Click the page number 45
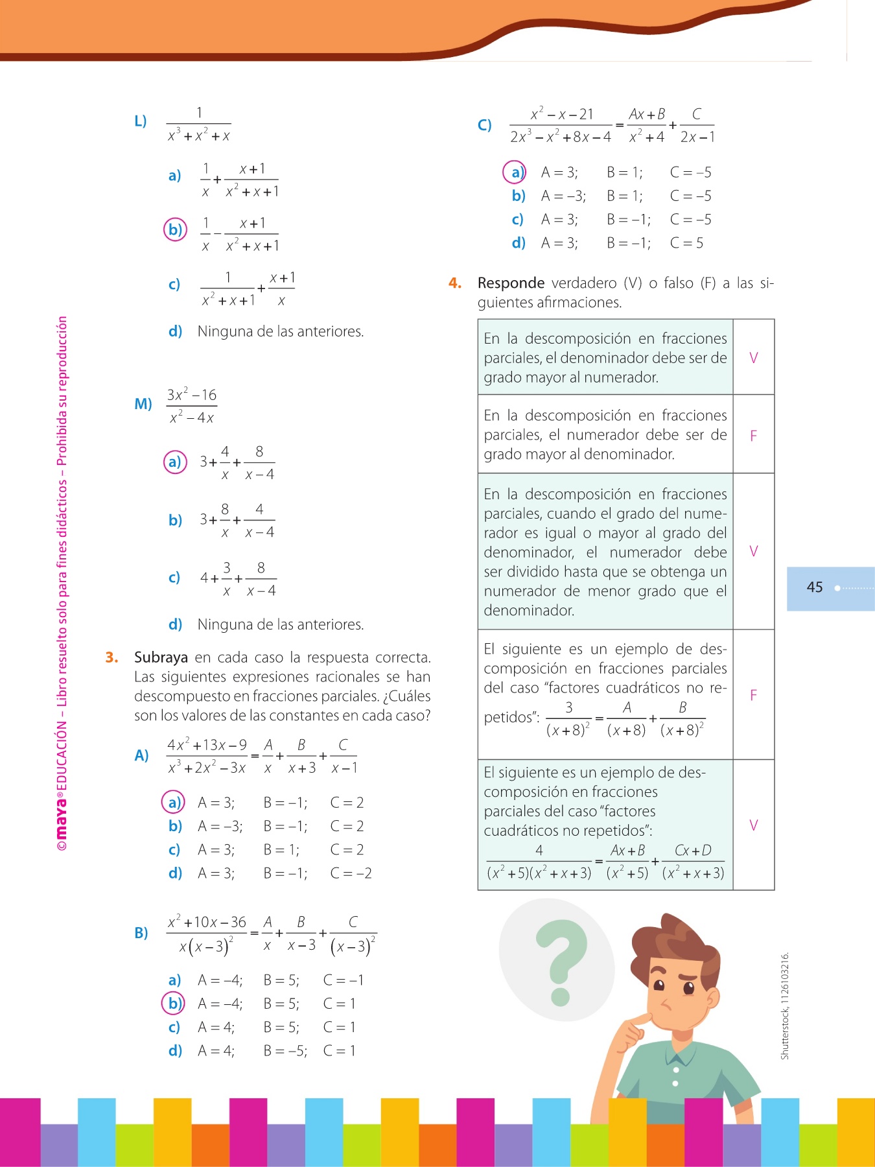pyautogui.click(x=814, y=587)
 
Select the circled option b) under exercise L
pyautogui.click(x=175, y=230)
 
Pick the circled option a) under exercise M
pyautogui.click(x=174, y=462)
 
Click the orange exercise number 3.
pyautogui.click(x=111, y=657)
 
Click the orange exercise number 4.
pyautogui.click(x=455, y=283)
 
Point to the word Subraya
pyautogui.click(x=161, y=657)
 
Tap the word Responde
pyautogui.click(x=511, y=283)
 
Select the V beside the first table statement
pyautogui.click(x=753, y=357)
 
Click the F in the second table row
pyautogui.click(x=753, y=436)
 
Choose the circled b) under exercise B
pyautogui.click(x=174, y=1004)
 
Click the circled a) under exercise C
pyautogui.click(x=515, y=172)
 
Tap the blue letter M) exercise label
pyautogui.click(x=143, y=404)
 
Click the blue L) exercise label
pyautogui.click(x=141, y=121)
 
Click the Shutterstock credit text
pyautogui.click(x=785, y=1006)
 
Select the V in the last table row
pyautogui.click(x=753, y=825)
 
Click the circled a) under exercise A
pyautogui.click(x=173, y=803)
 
